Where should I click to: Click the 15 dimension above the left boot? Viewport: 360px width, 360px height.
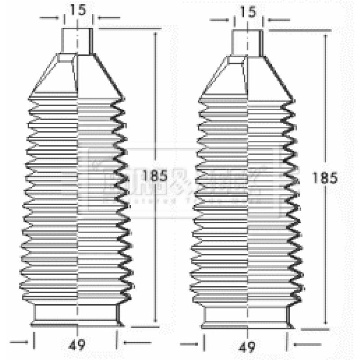[78, 10]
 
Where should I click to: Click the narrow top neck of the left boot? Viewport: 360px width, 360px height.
[78, 41]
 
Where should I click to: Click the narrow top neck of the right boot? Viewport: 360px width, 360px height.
[247, 43]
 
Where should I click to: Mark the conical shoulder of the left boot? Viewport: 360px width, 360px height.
[77, 74]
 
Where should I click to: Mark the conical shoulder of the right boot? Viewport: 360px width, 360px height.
[247, 76]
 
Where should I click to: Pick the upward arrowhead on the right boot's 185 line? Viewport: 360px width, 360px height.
[325, 36]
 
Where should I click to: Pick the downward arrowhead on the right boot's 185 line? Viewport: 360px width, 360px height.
[325, 323]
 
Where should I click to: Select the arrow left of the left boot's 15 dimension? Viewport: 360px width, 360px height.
[50, 18]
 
